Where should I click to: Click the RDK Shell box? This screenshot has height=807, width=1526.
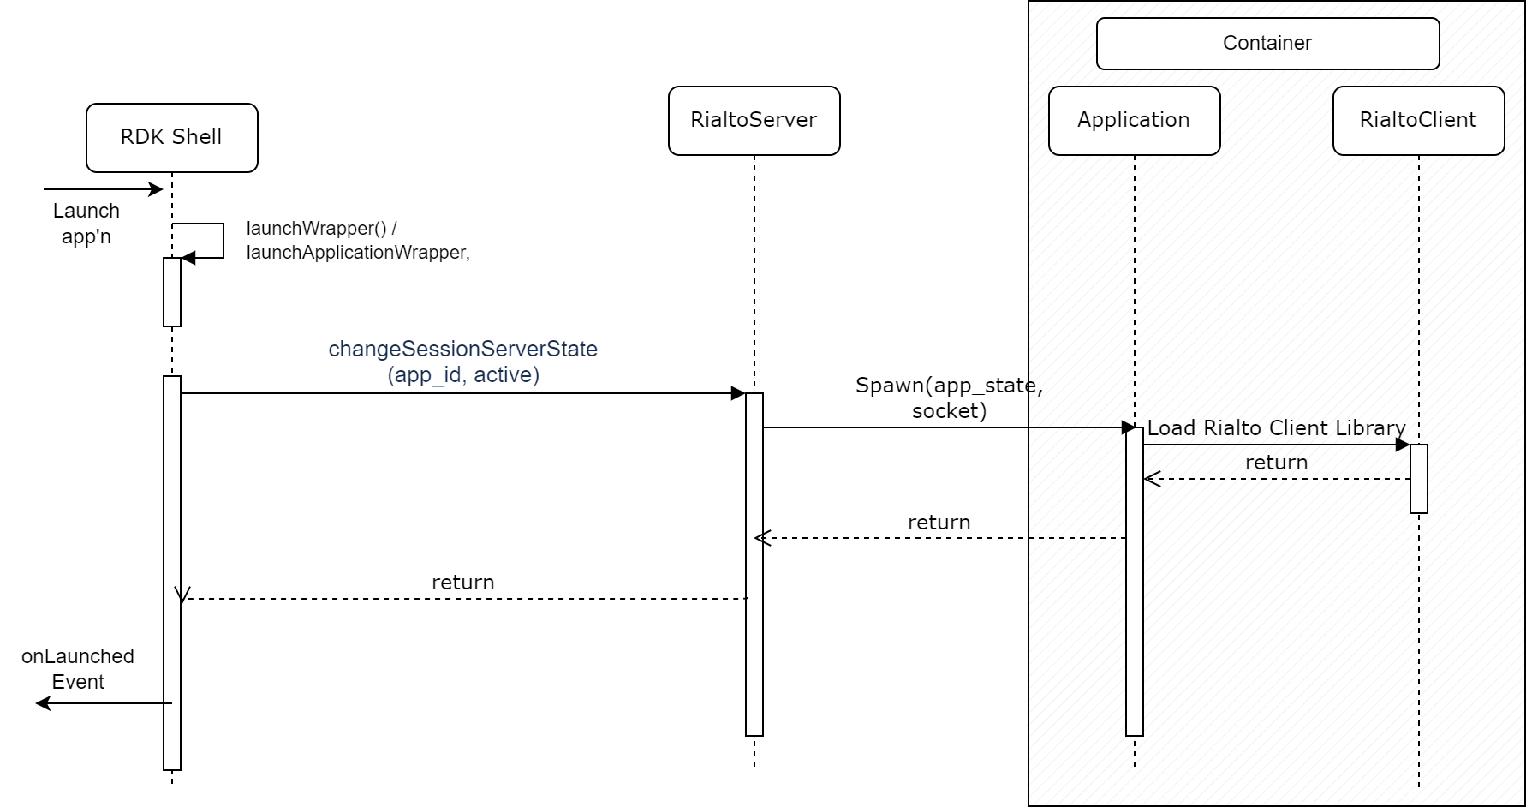[171, 138]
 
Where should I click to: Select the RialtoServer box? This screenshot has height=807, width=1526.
[754, 121]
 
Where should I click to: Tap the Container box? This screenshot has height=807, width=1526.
[1267, 44]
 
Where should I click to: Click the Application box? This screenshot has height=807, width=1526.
[1134, 121]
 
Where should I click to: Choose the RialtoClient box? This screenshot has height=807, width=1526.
[1418, 121]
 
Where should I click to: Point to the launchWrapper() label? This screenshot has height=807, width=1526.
[321, 229]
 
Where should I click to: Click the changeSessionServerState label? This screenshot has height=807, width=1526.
[462, 350]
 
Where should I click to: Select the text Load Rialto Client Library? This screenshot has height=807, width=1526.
[1276, 427]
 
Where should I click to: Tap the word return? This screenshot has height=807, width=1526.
[1276, 463]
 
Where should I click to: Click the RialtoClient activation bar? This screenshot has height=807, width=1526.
[1419, 479]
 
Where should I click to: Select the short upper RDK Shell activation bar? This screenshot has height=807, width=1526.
[172, 292]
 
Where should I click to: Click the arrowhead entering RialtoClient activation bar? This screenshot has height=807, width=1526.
[1404, 445]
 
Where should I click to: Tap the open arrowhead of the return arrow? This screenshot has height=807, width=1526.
[1151, 479]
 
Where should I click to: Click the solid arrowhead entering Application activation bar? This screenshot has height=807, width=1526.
[1129, 427]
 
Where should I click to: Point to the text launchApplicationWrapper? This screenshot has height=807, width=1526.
[357, 253]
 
